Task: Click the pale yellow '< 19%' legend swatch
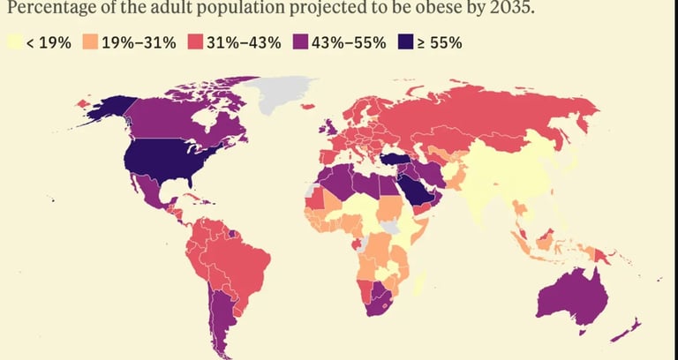[14, 41]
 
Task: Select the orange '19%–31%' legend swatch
[91, 41]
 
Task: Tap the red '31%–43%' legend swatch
[193, 41]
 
